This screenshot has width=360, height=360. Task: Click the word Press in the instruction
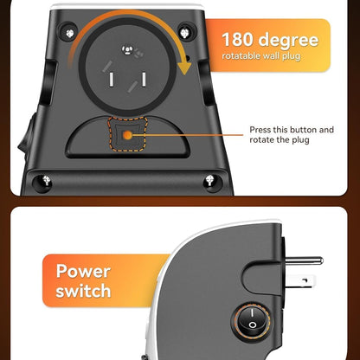(261, 130)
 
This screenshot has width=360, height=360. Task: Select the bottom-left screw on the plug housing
(44, 181)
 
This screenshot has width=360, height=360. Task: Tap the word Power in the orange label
(83, 271)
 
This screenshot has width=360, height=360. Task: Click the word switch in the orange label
(83, 292)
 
